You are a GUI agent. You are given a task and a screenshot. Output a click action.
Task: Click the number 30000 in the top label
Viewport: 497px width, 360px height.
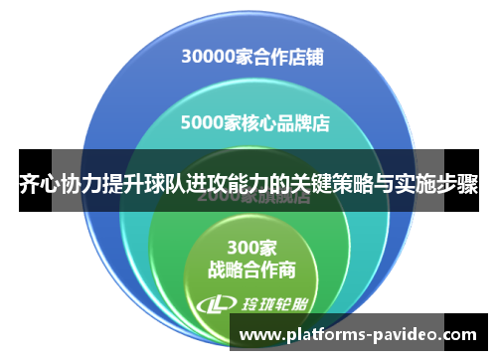pos(208,57)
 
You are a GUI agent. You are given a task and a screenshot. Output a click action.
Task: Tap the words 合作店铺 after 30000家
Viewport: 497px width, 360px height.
pos(288,57)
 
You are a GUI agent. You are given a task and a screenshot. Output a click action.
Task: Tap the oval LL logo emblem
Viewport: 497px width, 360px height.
pos(217,303)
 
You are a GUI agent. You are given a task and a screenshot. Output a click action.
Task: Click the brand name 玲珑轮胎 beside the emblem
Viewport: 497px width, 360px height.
pos(268,303)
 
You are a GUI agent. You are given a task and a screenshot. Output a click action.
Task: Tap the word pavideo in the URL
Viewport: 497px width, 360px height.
pos(408,335)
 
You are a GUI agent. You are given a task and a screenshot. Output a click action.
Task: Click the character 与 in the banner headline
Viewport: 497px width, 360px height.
pos(386,184)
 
